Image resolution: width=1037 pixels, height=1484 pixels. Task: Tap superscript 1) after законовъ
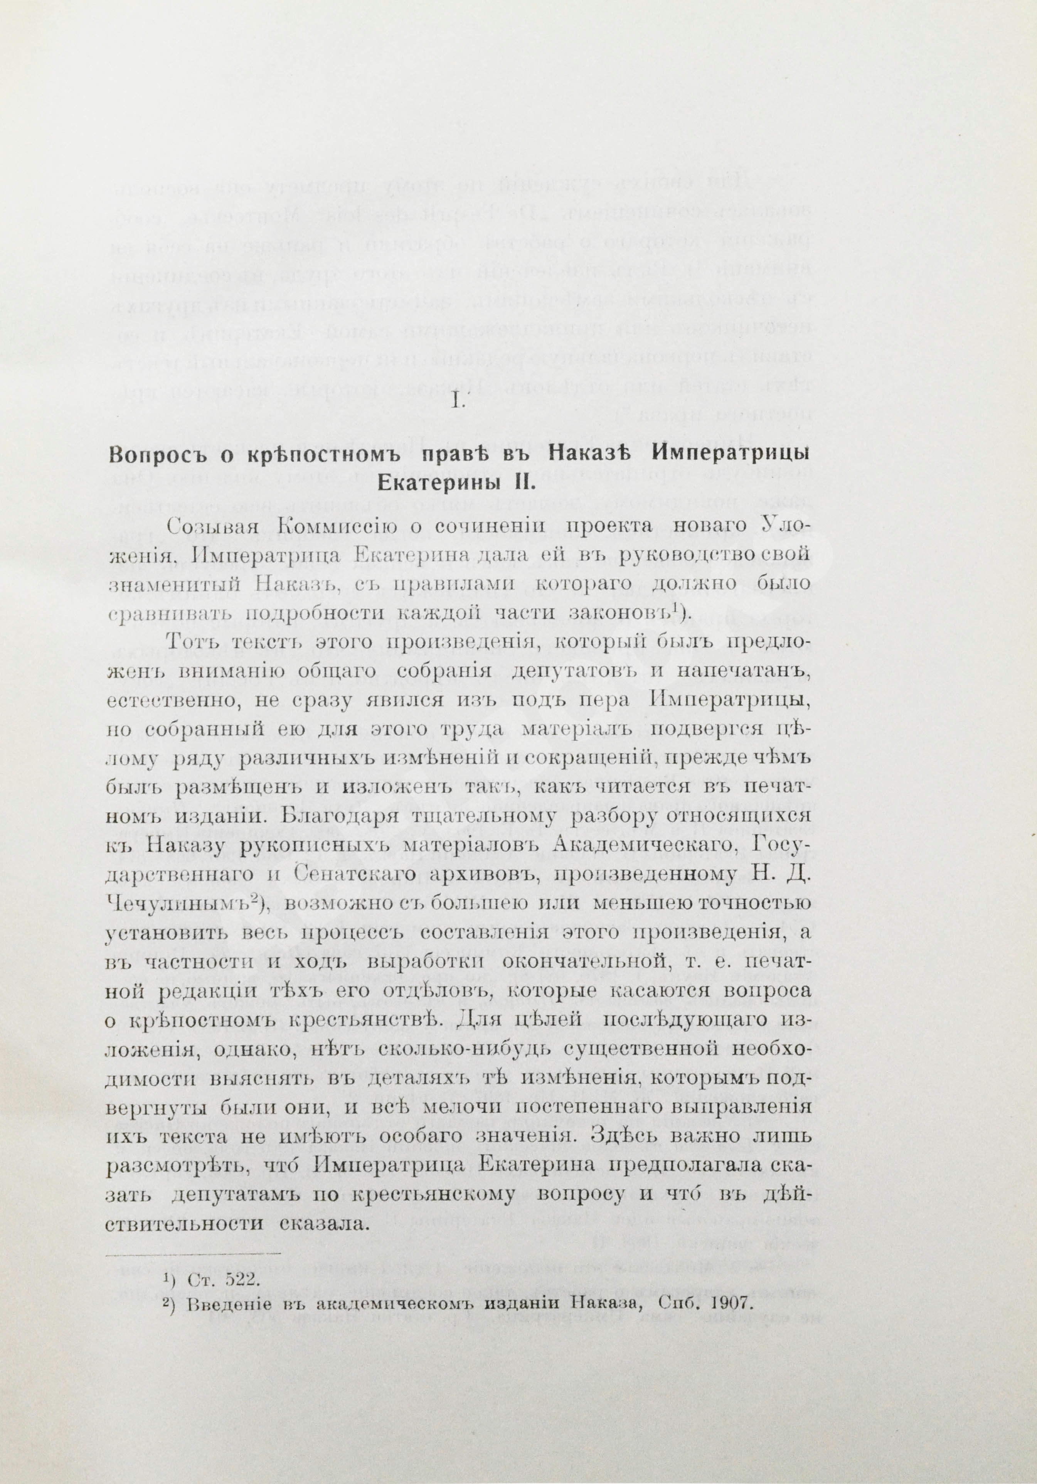click(679, 607)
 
